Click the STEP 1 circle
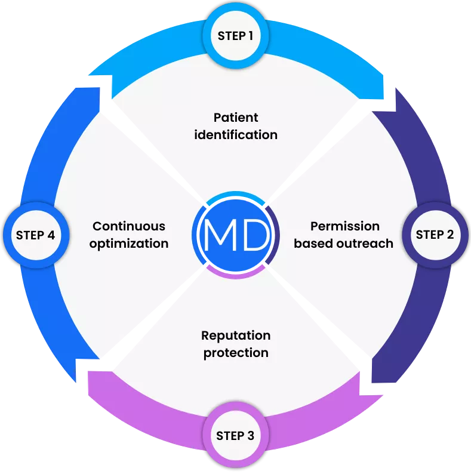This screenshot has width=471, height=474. pyautogui.click(x=235, y=36)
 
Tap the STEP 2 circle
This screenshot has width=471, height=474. pyautogui.click(x=435, y=235)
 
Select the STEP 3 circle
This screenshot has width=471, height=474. pyautogui.click(x=235, y=436)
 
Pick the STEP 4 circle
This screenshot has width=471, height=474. pyautogui.click(x=35, y=235)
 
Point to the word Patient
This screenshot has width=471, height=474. pyautogui.click(x=236, y=117)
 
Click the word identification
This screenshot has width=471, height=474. pyautogui.click(x=236, y=134)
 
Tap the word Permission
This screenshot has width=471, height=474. pyautogui.click(x=344, y=226)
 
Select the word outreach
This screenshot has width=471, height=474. pyautogui.click(x=368, y=243)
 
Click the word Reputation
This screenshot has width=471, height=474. pyautogui.click(x=236, y=336)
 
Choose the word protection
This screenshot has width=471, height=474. pyautogui.click(x=236, y=353)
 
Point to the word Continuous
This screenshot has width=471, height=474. pyautogui.click(x=129, y=226)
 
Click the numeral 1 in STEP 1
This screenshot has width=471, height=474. pyautogui.click(x=251, y=36)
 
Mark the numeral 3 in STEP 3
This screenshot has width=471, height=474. pyautogui.click(x=250, y=436)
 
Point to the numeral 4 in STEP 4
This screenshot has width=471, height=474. pyautogui.click(x=51, y=235)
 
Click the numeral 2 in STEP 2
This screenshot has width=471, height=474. pyautogui.click(x=450, y=235)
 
